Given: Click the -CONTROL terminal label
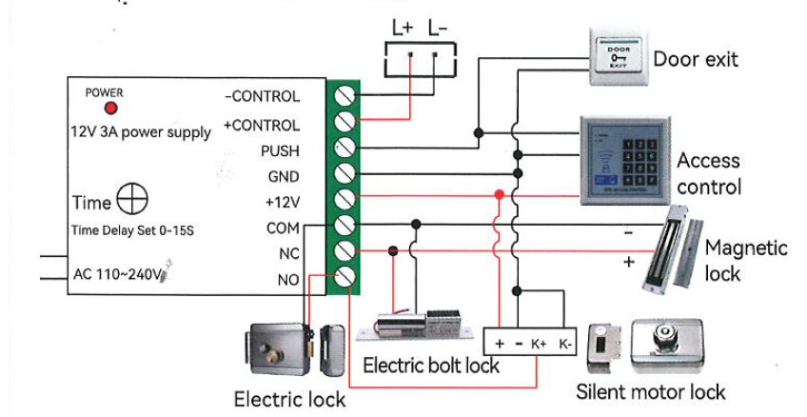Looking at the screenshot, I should pyautogui.click(x=262, y=96).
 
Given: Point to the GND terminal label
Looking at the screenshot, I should pyautogui.click(x=283, y=176).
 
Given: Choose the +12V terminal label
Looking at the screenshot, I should pyautogui.click(x=282, y=202).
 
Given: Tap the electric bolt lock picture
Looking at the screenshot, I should pyautogui.click(x=420, y=325).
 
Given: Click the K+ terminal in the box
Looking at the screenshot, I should pyautogui.click(x=539, y=341).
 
